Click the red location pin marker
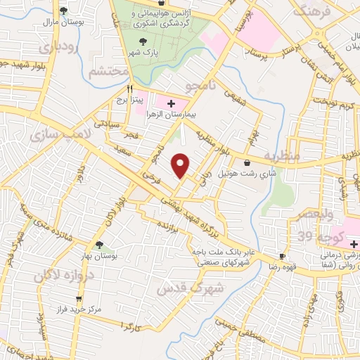181,165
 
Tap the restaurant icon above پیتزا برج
129,89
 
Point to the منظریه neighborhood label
281,154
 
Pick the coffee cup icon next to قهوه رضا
283,257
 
